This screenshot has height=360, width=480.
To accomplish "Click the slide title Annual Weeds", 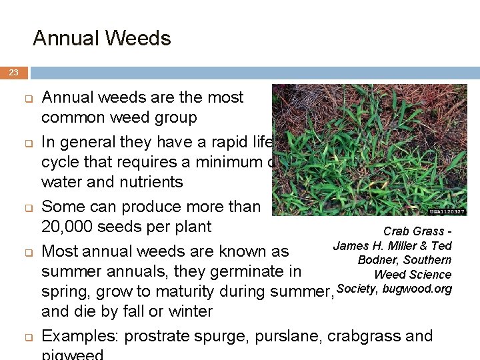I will pyautogui.click(x=101, y=38).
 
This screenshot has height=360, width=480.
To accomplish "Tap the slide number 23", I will pyautogui.click(x=13, y=73).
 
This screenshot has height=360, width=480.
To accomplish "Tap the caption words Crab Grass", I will pyautogui.click(x=413, y=231).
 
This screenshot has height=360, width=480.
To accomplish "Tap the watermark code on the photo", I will pyautogui.click(x=448, y=211).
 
